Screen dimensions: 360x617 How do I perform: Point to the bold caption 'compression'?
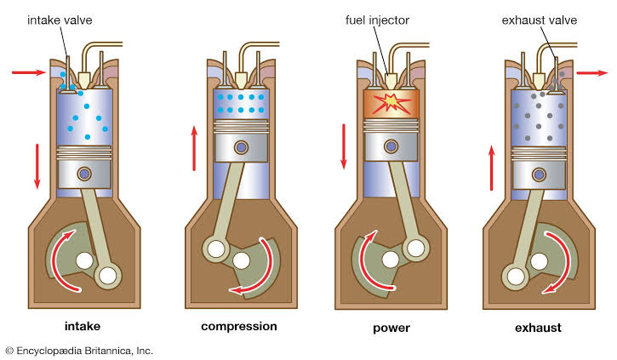tap(239, 326)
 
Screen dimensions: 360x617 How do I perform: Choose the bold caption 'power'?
tap(391, 327)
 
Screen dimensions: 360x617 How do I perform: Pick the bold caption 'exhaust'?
tap(538, 327)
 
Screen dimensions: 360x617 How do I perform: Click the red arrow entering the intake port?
tap(28, 73)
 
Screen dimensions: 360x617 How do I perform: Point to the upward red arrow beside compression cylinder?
tap(193, 146)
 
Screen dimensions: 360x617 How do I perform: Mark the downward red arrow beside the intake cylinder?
tap(37, 166)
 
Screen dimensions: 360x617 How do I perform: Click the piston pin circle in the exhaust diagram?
tap(539, 175)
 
